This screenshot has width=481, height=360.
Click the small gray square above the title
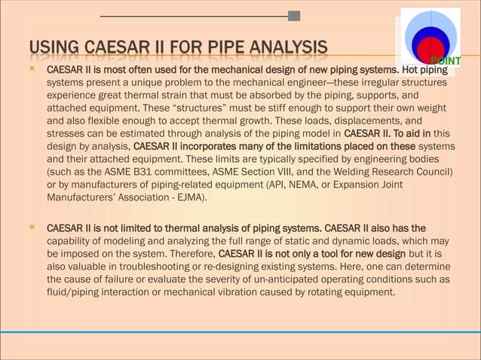294,16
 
